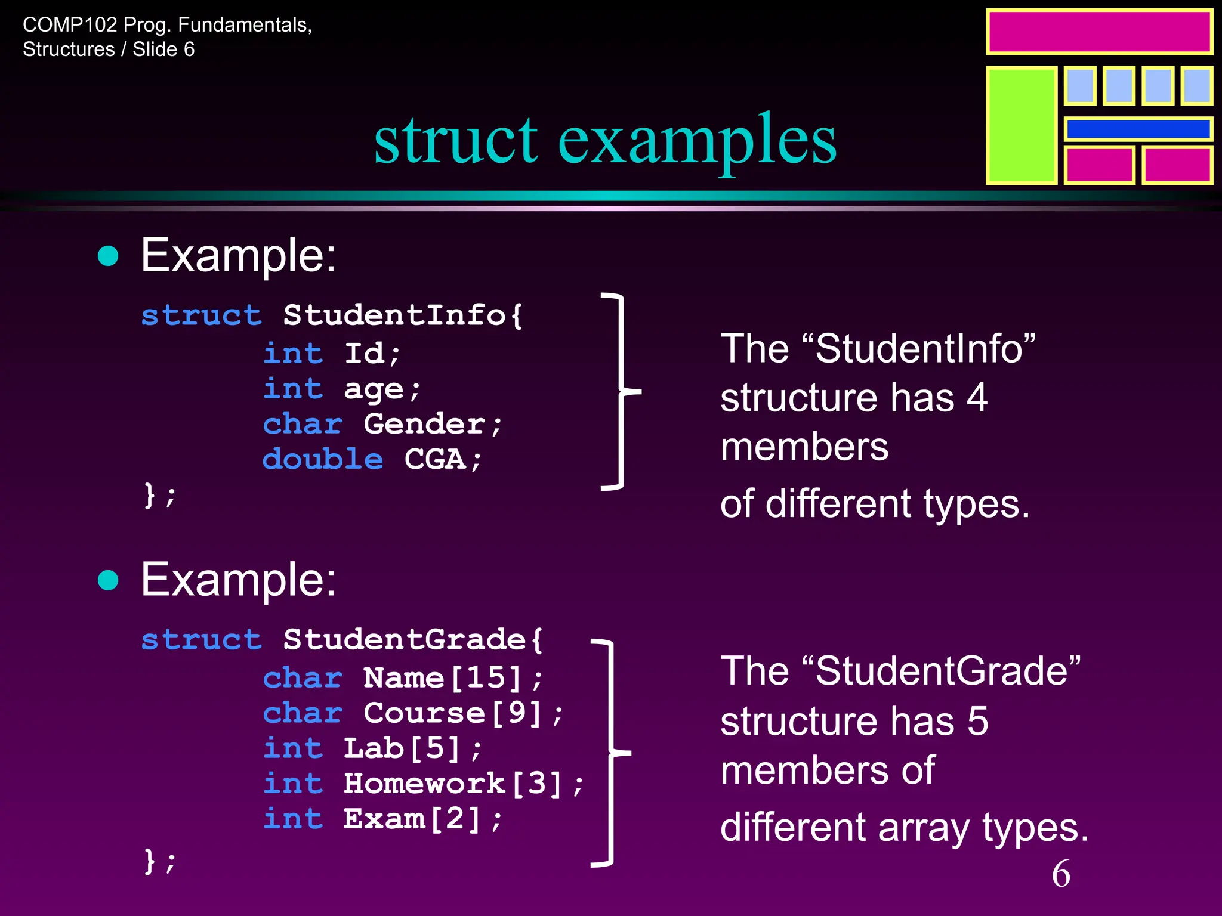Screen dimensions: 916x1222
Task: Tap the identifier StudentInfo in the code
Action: coord(394,315)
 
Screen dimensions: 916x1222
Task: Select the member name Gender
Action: coord(424,424)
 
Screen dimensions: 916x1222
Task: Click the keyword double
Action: coord(323,459)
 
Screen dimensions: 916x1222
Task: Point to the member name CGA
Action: coord(434,459)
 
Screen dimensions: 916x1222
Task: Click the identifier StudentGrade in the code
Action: coord(404,639)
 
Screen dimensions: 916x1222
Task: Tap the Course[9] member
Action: coord(453,713)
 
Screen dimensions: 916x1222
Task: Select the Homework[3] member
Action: coord(453,784)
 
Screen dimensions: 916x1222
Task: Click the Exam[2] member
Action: coord(412,819)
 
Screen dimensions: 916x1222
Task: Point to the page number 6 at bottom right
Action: coord(1061,874)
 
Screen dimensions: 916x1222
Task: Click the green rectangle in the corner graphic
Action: coord(1022,125)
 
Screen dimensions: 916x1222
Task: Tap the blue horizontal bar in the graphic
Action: coord(1138,129)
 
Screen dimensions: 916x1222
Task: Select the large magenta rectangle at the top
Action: coord(1099,32)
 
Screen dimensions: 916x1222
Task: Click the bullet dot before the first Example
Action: coord(108,256)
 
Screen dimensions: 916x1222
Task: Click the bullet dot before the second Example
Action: coord(108,580)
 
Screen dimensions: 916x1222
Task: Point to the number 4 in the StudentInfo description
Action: coord(977,398)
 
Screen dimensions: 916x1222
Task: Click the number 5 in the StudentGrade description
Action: coord(978,721)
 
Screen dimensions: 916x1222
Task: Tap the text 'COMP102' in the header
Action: coord(70,25)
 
